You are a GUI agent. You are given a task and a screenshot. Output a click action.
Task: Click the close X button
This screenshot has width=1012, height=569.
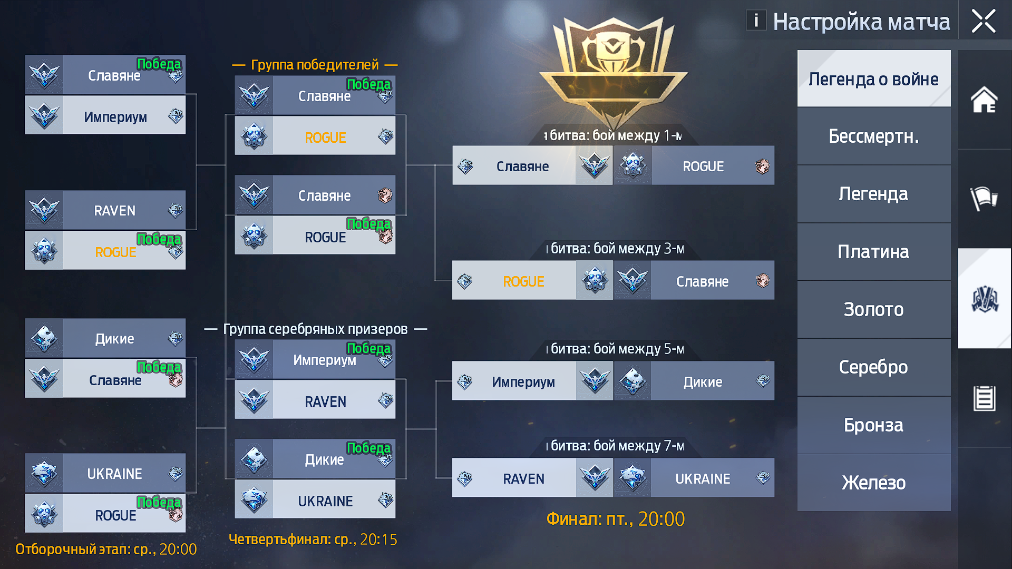tap(984, 21)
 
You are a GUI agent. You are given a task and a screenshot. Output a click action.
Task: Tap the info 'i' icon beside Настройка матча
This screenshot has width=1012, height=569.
tap(756, 21)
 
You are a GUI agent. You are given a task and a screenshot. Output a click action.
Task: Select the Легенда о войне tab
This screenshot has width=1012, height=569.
tap(874, 79)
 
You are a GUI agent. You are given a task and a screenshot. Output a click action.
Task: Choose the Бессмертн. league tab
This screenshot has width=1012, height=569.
tap(874, 136)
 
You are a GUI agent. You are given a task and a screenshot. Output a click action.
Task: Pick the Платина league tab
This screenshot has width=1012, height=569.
tap(874, 252)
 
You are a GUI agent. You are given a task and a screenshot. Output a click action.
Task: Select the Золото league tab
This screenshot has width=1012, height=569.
tap(874, 309)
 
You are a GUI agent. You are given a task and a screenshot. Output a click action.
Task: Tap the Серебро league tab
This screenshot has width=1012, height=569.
tap(874, 367)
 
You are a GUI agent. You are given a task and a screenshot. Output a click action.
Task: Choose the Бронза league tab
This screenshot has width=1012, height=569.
tap(874, 425)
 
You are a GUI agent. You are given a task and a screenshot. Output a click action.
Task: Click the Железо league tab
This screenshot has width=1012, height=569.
tap(874, 483)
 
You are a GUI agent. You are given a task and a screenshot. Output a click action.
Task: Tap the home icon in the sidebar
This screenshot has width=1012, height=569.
tap(984, 100)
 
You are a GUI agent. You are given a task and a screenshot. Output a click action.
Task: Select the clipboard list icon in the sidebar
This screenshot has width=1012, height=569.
tap(984, 398)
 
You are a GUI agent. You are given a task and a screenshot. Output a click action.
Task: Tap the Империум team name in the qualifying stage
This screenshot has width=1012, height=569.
tap(115, 117)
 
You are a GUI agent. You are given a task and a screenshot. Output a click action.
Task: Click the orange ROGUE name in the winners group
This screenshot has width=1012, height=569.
tap(325, 138)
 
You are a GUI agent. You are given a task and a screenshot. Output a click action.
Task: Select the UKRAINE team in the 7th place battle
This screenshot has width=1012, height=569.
tap(703, 479)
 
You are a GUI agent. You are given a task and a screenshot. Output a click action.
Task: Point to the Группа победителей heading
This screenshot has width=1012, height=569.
tap(315, 65)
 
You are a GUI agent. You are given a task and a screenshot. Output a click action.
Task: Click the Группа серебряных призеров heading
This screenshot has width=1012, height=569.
tap(315, 329)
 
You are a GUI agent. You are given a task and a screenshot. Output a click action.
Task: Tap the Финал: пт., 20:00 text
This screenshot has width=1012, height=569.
tap(616, 519)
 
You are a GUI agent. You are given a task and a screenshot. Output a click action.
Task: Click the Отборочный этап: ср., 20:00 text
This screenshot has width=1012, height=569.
tap(106, 549)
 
